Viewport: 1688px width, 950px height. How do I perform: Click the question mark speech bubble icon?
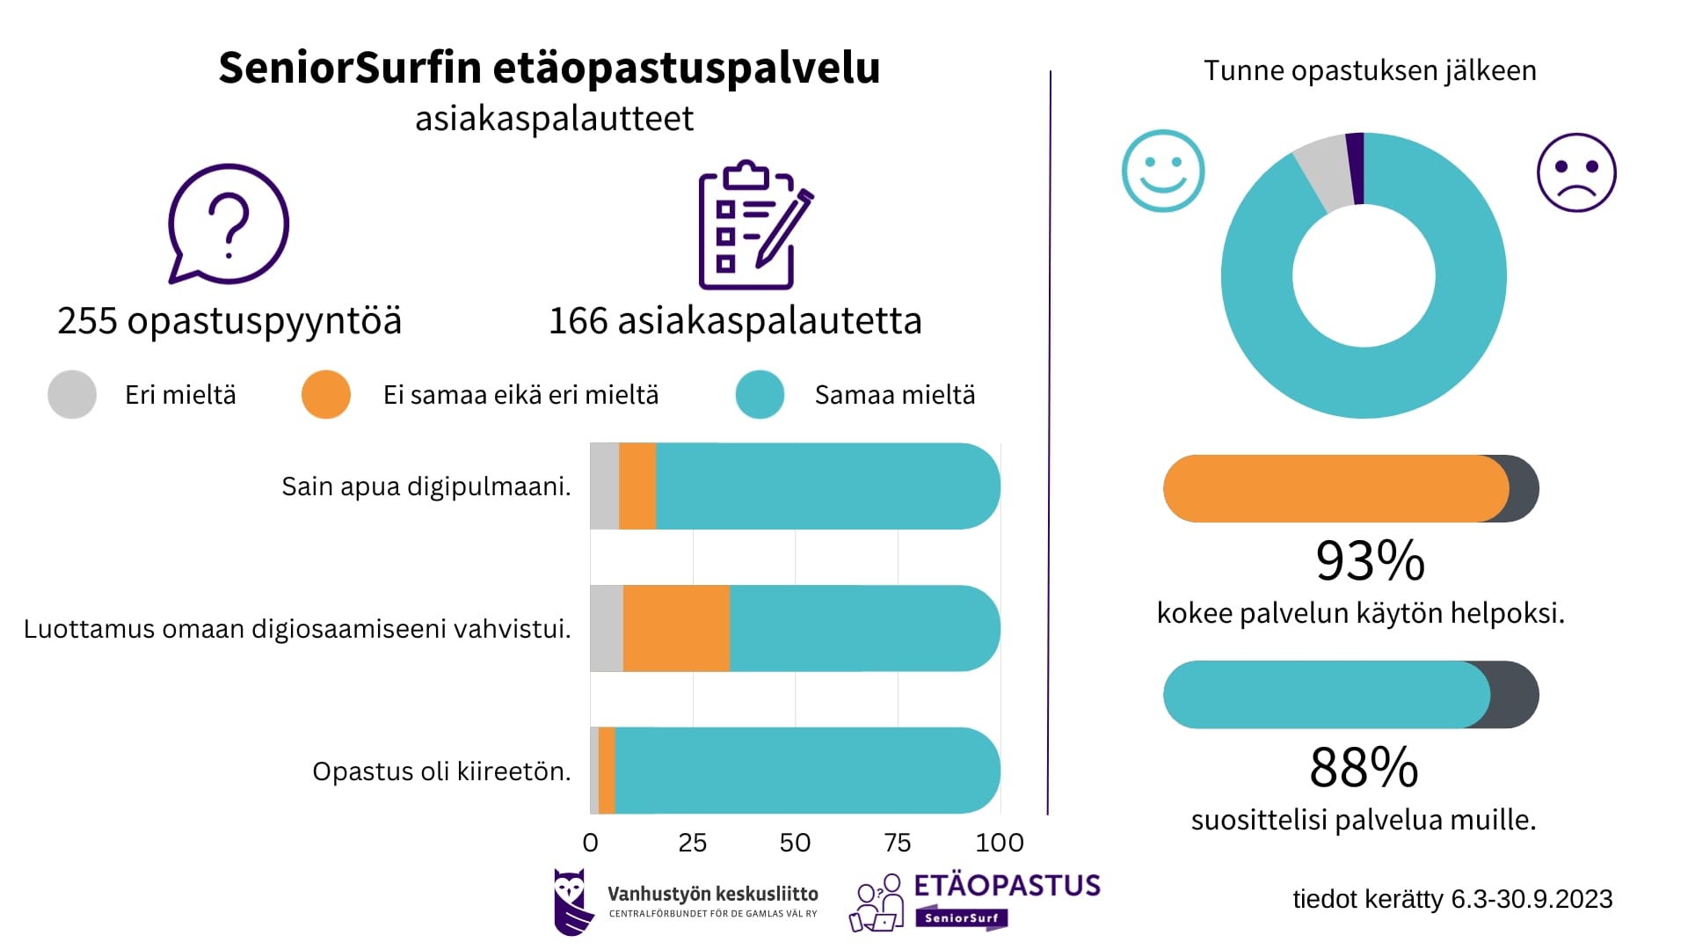pos(228,224)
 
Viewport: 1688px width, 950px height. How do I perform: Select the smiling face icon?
pos(1162,172)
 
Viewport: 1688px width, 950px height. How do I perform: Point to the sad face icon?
pos(1575,172)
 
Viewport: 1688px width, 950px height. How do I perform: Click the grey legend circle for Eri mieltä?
pos(72,394)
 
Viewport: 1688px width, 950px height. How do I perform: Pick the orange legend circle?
pos(325,394)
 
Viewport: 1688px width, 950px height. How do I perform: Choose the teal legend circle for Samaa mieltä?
pos(760,394)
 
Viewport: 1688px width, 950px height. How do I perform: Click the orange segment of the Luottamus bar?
pos(676,628)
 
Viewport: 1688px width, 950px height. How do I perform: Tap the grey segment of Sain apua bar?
pos(604,486)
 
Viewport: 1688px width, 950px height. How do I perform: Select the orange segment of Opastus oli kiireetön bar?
pos(607,771)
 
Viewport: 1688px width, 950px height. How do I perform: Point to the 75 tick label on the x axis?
pos(897,843)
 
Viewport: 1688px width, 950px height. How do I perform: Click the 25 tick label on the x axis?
pos(693,843)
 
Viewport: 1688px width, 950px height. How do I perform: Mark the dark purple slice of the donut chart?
pos(1355,168)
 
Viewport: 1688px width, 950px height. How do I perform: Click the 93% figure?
pos(1370,560)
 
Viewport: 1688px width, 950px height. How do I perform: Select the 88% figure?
pos(1364,767)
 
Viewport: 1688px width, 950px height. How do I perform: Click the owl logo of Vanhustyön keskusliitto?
pos(570,902)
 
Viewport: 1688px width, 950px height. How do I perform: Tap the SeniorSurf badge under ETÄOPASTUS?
pos(962,917)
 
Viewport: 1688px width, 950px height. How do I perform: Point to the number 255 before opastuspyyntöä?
pos(87,321)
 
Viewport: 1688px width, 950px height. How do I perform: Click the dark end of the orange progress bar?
pos(1524,489)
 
